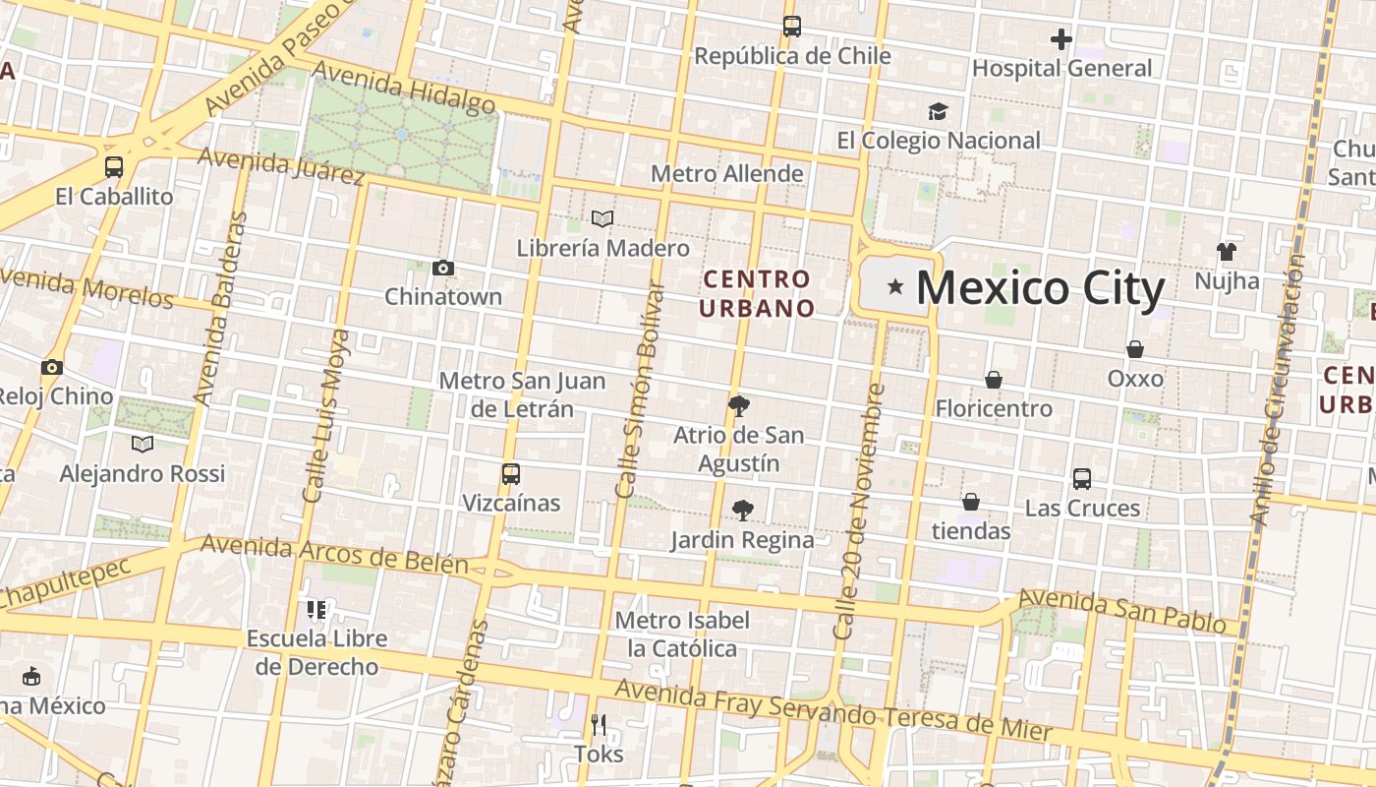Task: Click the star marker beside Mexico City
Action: pos(894,287)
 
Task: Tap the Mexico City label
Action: pos(1040,288)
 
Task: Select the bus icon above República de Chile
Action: pos(792,27)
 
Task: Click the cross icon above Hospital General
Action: pos(1061,39)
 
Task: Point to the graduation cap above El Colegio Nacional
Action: pos(938,112)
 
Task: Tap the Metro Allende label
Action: pos(727,174)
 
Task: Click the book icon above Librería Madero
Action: pos(602,218)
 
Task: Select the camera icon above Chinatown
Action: pos(443,268)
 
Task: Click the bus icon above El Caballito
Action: pos(114,167)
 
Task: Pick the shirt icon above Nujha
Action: pos(1226,252)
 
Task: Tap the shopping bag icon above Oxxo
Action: pos(1135,349)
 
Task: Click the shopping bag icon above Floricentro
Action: pos(994,380)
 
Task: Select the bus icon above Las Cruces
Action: pos(1082,479)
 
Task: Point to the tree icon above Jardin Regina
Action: pos(743,511)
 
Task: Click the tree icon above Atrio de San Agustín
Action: pos(739,406)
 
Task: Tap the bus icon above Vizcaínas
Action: pos(511,474)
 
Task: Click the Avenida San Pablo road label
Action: pos(1127,611)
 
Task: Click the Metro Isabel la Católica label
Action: pos(682,635)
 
